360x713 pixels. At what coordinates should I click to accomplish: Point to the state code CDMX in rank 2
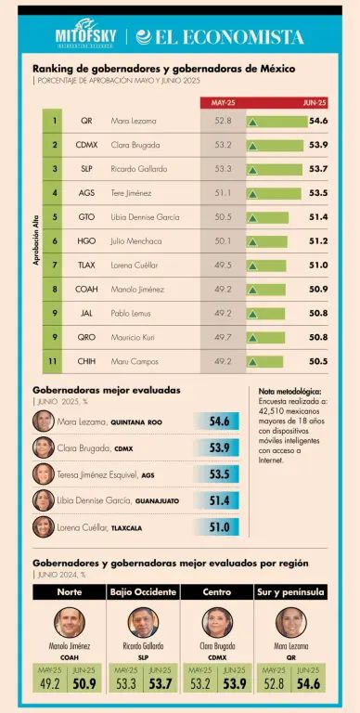coord(87,145)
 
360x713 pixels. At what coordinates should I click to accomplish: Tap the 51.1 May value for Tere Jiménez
coord(223,193)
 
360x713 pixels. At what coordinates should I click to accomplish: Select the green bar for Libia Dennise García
coord(269,217)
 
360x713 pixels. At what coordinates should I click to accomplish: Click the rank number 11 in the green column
coord(55,361)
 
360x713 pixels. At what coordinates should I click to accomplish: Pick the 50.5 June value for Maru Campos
coord(317,361)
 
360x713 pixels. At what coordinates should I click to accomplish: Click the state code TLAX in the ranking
coord(87,265)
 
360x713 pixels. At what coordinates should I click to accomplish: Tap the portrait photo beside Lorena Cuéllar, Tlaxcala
coord(43,526)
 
